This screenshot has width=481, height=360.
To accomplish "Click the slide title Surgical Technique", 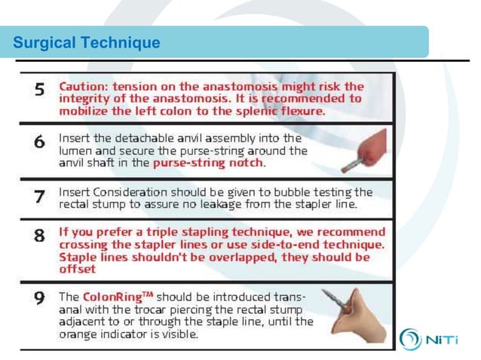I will click(87, 43).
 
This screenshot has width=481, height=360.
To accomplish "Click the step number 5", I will click(41, 88).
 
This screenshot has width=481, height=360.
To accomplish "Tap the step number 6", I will click(41, 141).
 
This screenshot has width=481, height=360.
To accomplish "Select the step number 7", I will click(41, 197).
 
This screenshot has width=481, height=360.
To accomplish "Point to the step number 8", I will click(41, 235).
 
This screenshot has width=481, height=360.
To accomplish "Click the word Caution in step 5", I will click(84, 86).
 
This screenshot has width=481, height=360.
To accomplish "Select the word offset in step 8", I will click(78, 269).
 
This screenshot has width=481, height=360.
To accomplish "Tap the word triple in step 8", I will click(161, 232).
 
